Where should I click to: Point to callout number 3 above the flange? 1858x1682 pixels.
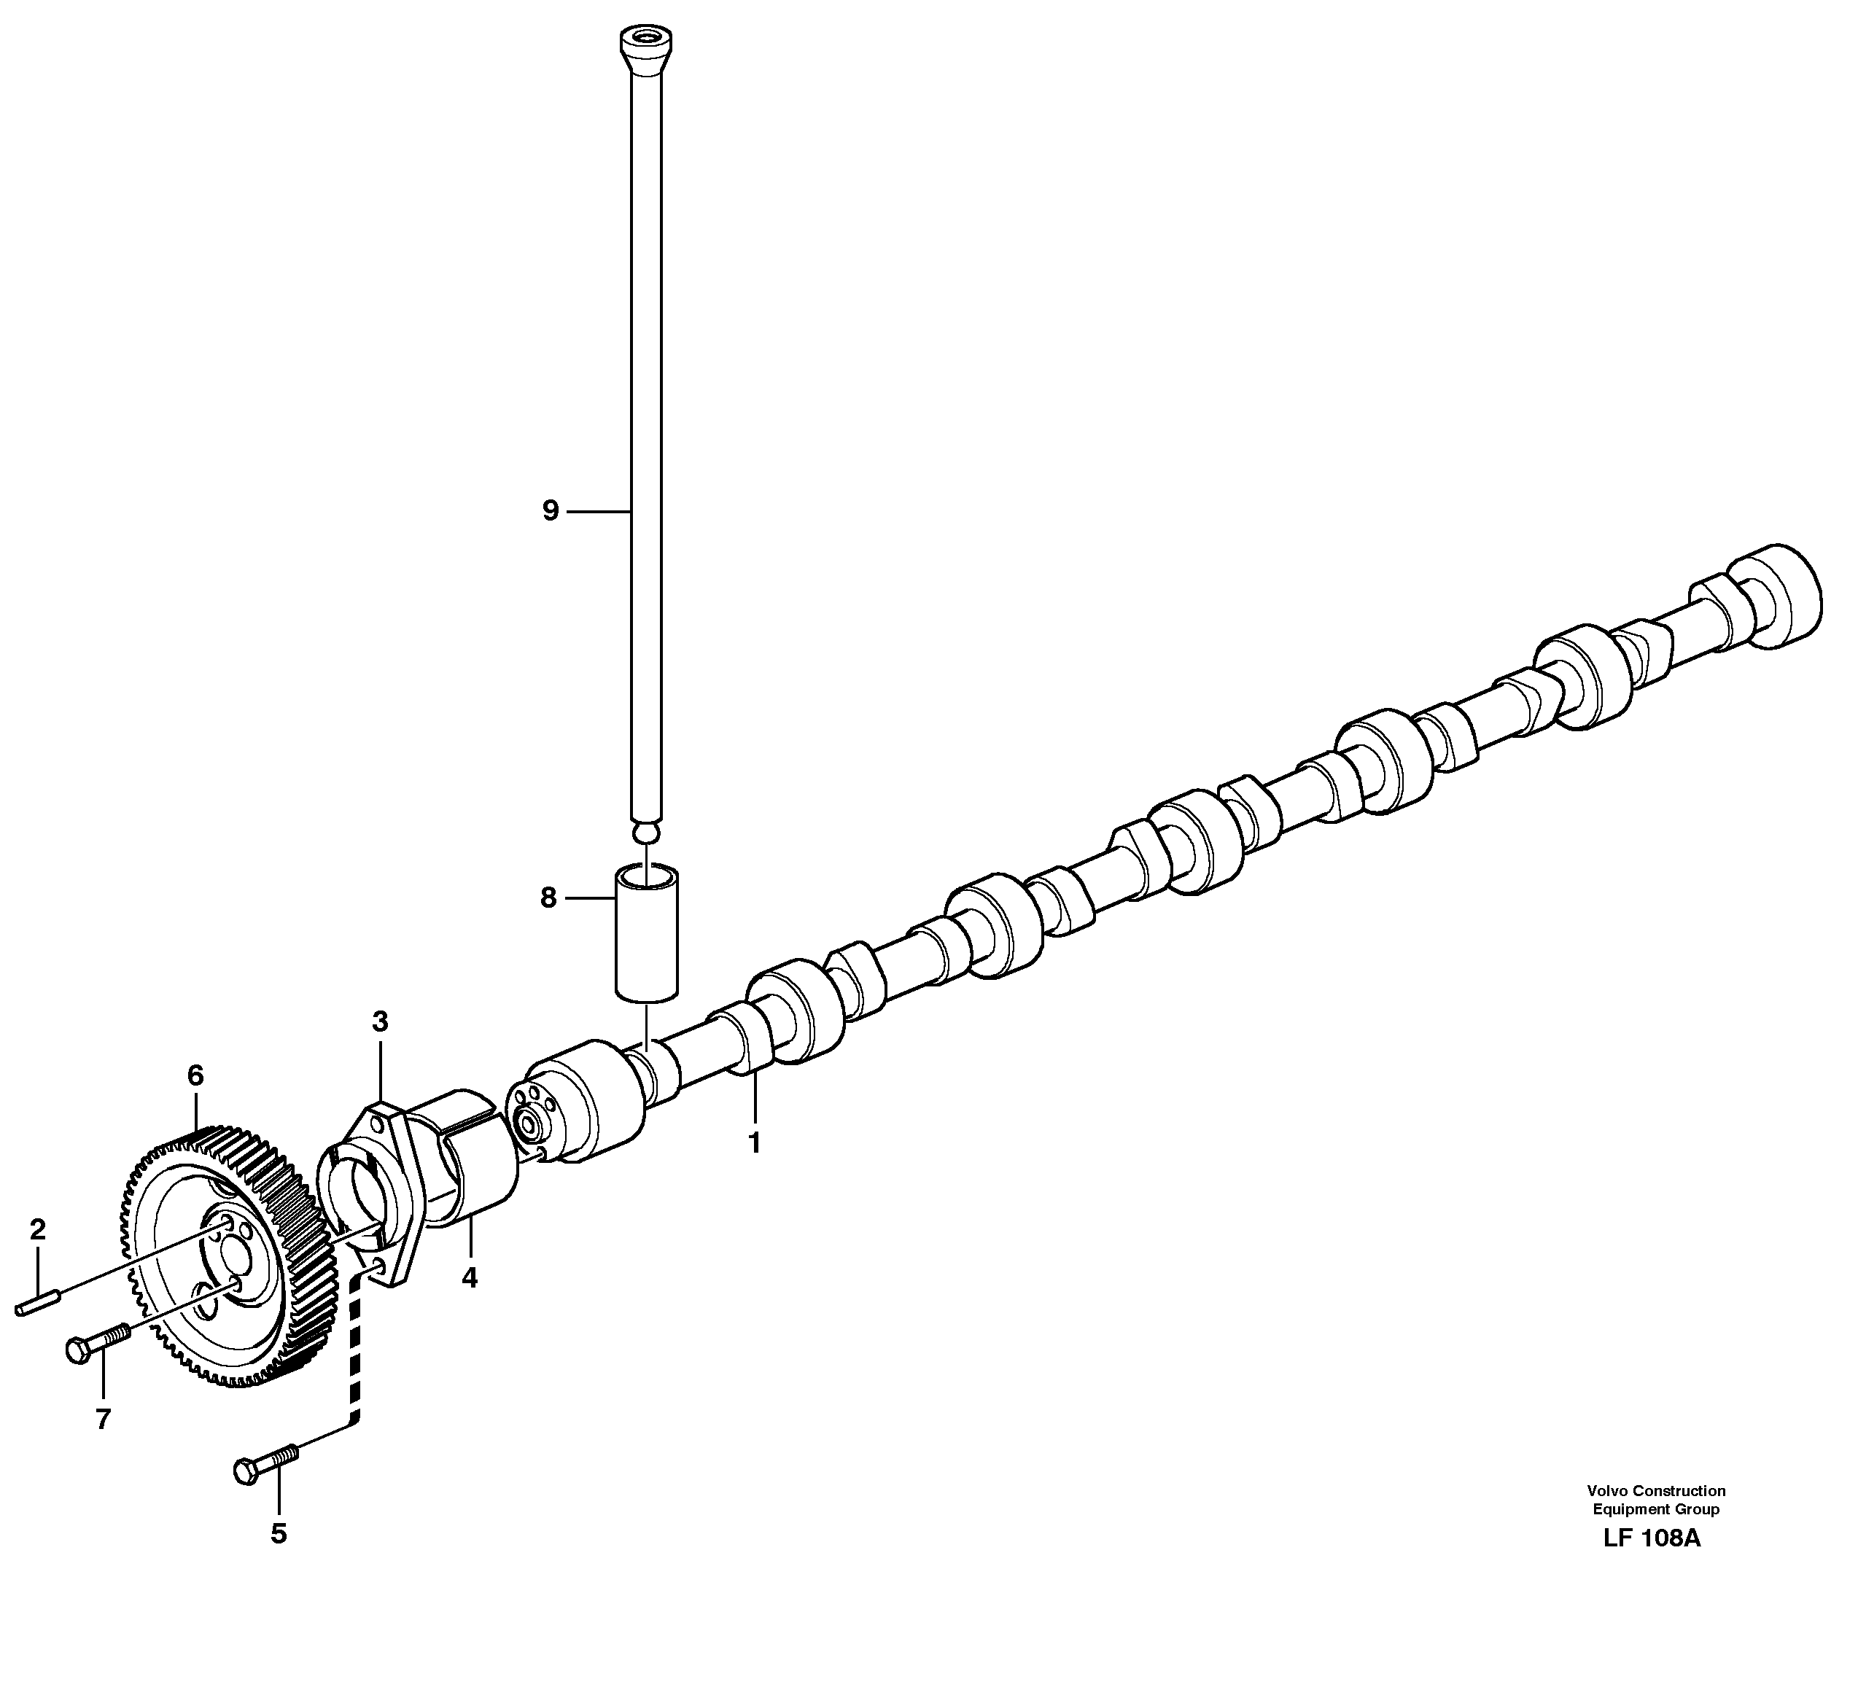(380, 1021)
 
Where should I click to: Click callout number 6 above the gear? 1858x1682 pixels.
(195, 1075)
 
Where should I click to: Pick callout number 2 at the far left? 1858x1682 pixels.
(37, 1229)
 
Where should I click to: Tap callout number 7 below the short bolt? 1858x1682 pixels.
(102, 1420)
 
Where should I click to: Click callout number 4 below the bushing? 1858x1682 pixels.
(469, 1277)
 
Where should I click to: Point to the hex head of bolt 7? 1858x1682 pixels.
(78, 1350)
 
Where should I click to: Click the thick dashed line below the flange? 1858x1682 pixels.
(354, 1355)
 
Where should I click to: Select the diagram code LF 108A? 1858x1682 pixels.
(1652, 1538)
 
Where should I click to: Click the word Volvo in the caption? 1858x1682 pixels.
(1604, 1490)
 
